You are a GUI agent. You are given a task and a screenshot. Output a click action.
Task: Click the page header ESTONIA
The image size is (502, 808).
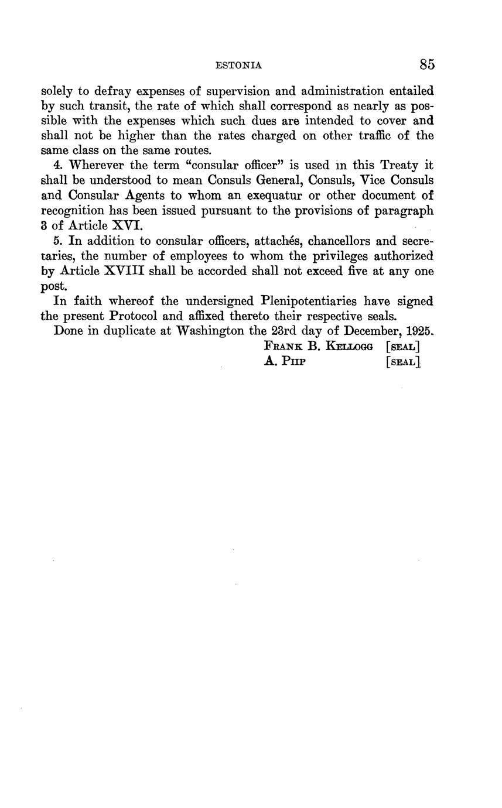(238, 66)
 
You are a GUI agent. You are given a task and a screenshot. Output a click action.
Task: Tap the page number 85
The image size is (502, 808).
(427, 64)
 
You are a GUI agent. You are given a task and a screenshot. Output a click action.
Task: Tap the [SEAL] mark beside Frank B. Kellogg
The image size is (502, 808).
(403, 347)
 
